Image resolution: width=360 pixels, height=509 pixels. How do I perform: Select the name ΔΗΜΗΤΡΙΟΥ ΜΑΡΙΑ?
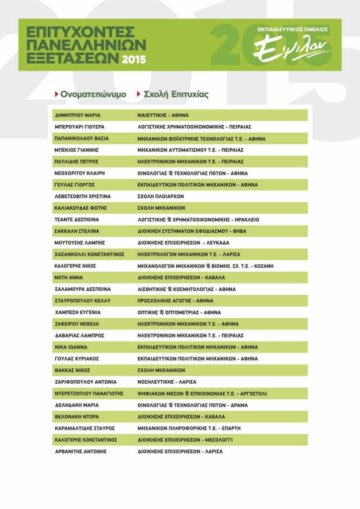click(78, 115)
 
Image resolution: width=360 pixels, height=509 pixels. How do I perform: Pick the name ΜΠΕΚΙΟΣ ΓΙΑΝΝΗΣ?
click(77, 150)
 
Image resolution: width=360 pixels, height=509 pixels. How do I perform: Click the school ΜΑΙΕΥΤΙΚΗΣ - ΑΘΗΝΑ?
click(163, 115)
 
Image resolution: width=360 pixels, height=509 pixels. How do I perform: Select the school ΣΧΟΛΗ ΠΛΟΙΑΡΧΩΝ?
click(161, 196)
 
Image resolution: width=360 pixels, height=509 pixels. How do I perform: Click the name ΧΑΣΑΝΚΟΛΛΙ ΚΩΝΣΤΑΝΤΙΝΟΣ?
click(89, 254)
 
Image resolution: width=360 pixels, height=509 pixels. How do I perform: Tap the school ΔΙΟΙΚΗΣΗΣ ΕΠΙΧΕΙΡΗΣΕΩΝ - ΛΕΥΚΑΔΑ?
click(183, 243)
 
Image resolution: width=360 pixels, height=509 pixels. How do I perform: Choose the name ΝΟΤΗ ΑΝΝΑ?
click(69, 277)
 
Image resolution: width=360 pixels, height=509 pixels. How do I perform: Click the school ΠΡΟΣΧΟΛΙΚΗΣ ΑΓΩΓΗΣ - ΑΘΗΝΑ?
click(175, 301)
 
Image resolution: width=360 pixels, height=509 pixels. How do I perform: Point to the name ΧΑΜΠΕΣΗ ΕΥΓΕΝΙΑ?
click(78, 312)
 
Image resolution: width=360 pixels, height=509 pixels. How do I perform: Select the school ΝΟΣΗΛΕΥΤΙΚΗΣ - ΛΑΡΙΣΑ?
click(167, 382)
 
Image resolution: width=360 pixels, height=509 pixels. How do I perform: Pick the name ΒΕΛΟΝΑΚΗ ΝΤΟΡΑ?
click(77, 417)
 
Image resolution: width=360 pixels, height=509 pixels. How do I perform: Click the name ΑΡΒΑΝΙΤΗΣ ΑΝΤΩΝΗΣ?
click(81, 451)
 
